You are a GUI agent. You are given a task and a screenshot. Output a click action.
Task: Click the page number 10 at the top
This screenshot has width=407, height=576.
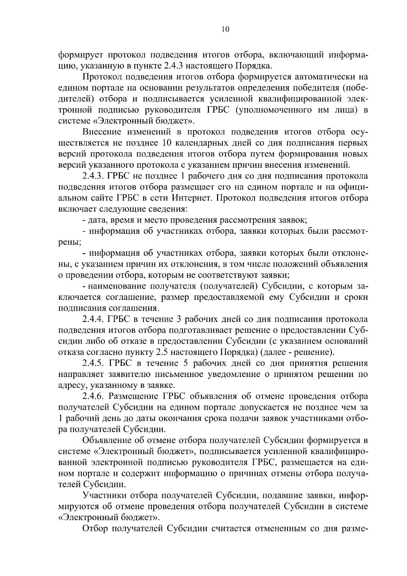click(226, 30)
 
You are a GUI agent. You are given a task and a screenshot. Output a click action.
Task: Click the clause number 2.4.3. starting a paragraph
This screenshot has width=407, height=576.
click(93, 176)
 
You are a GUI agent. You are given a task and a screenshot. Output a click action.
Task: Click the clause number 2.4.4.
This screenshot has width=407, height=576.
click(93, 319)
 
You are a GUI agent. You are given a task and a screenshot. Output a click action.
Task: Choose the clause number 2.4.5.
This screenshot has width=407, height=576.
click(94, 363)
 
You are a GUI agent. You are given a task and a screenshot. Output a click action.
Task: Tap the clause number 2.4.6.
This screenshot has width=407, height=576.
click(93, 397)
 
